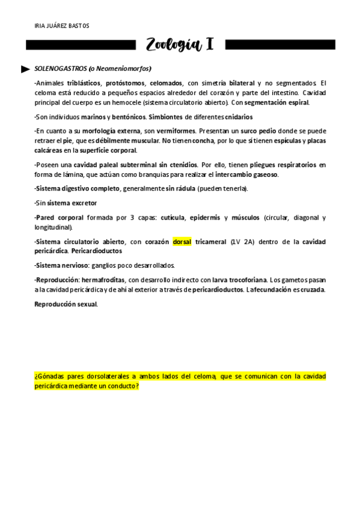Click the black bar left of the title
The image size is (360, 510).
tap(81, 45)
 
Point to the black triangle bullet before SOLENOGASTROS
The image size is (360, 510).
tap(25, 69)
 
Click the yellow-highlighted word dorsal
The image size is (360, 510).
tap(182, 242)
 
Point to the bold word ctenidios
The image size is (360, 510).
tap(180, 165)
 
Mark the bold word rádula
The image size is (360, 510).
tap(182, 189)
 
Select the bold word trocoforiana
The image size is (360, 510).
tap(245, 280)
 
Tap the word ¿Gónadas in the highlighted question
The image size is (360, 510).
tap(50, 376)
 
